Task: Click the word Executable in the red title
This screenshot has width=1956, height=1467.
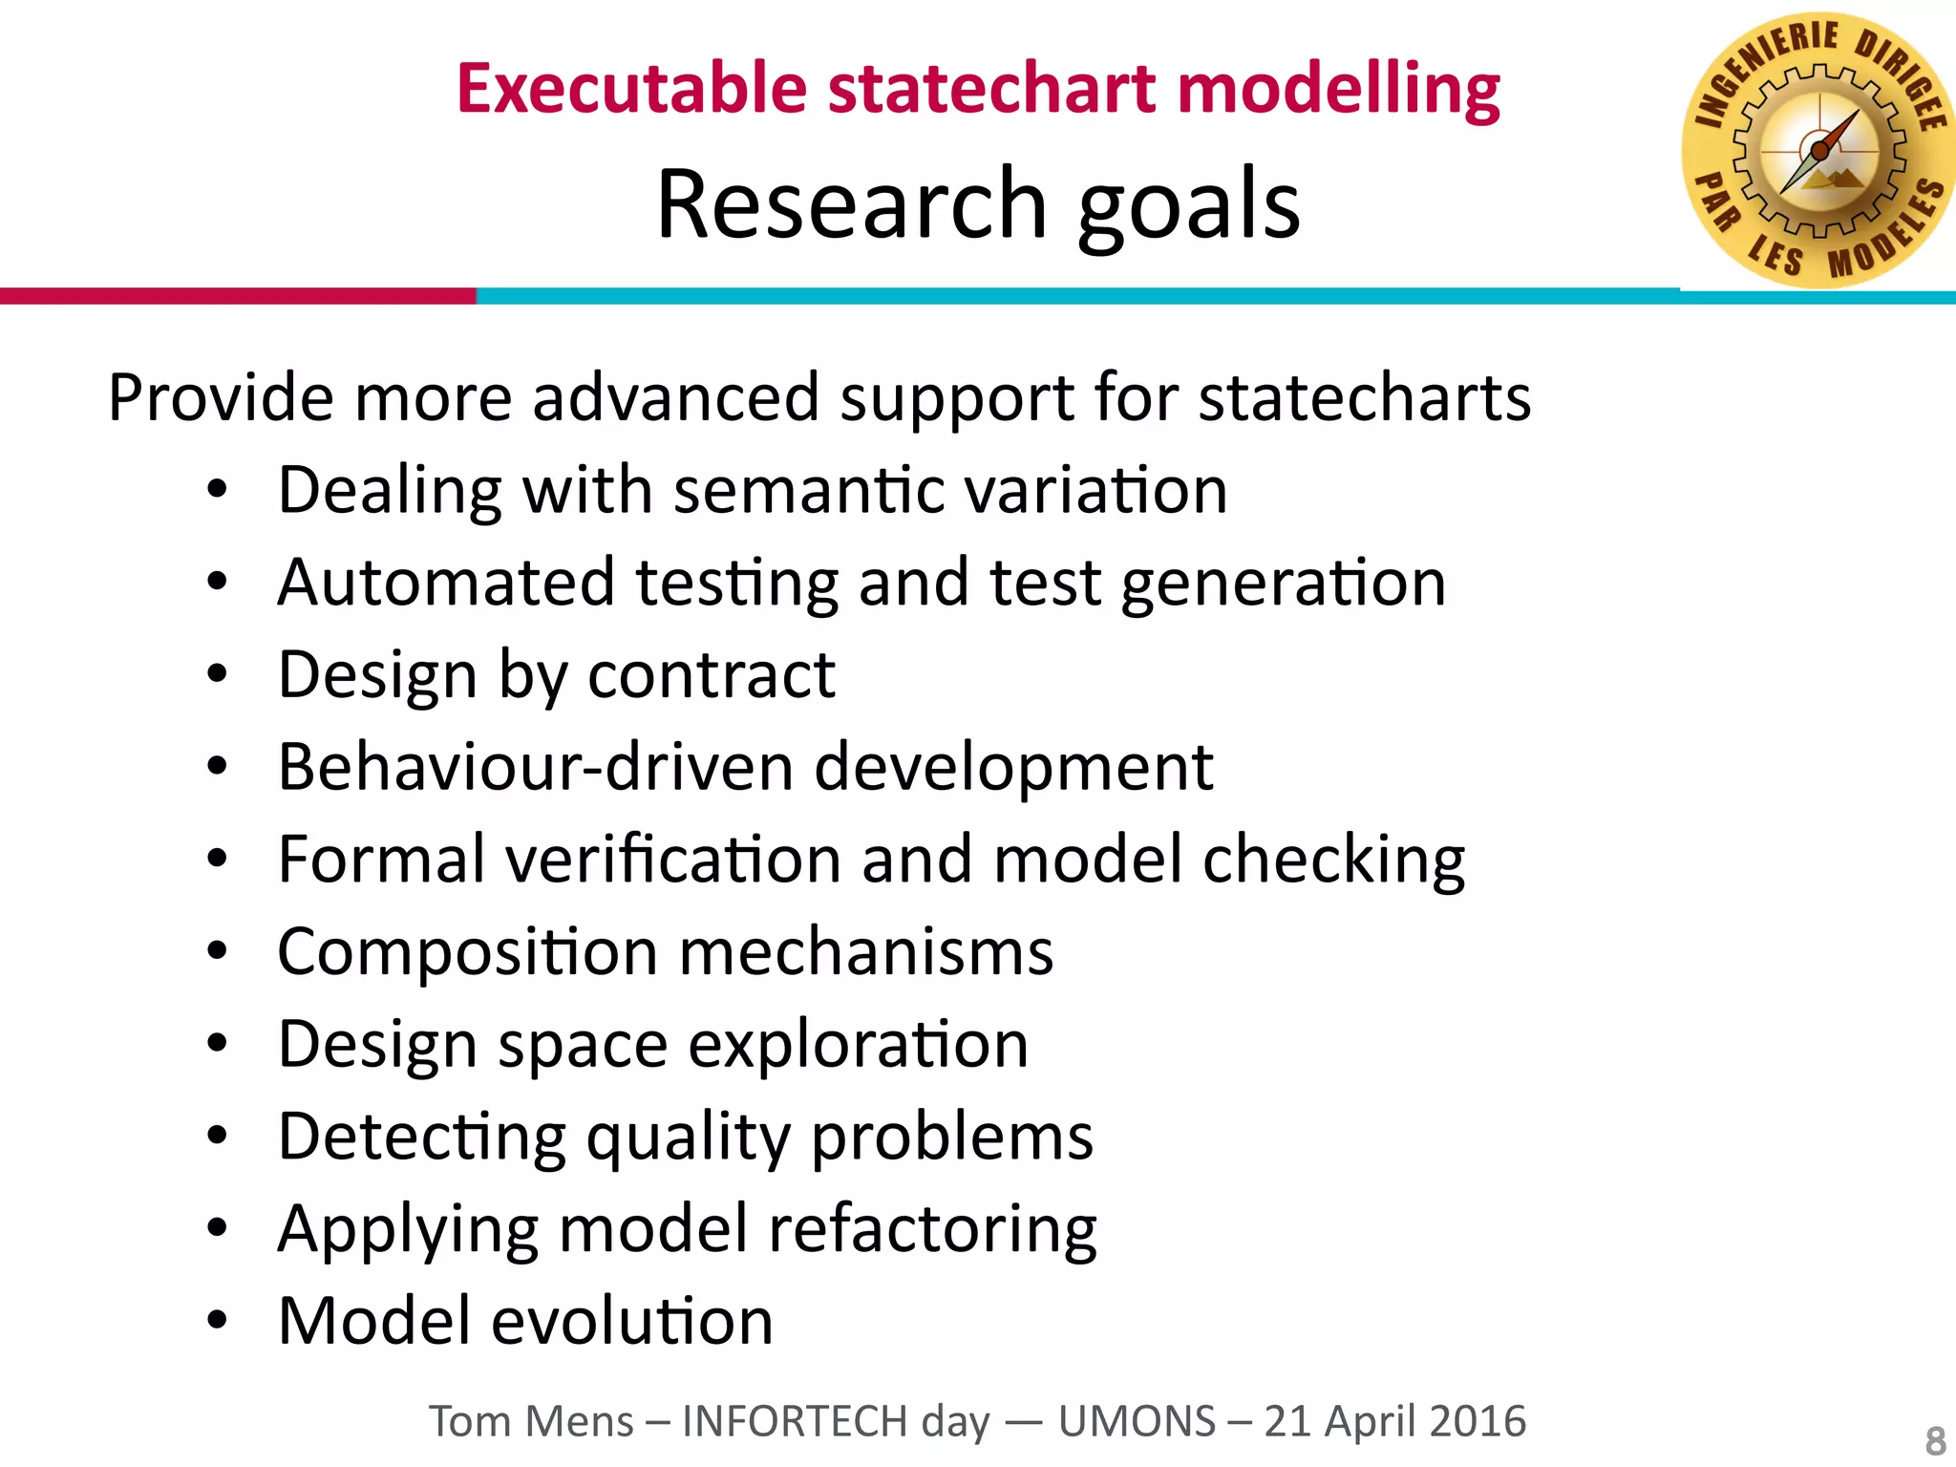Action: click(x=631, y=89)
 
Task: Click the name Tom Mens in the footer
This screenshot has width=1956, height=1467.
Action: click(x=530, y=1421)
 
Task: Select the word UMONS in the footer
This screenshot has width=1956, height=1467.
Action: click(x=1137, y=1421)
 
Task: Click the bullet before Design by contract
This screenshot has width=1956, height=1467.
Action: click(x=218, y=674)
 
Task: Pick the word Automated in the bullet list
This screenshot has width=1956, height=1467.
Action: click(x=446, y=583)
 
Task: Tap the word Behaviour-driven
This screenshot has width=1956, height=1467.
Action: click(x=535, y=767)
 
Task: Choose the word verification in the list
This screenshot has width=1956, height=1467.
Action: click(x=672, y=860)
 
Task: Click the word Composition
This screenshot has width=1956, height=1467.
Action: click(x=467, y=952)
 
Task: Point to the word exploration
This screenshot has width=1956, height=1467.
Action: click(x=858, y=1045)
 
